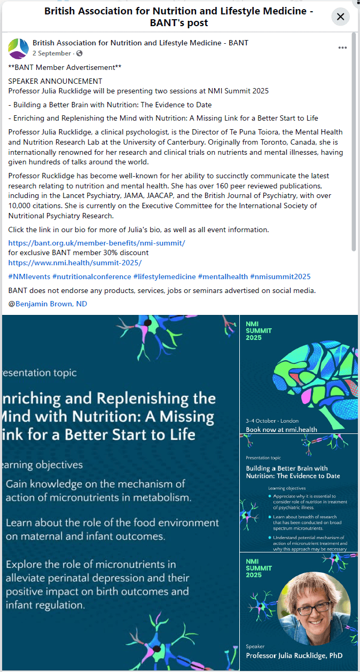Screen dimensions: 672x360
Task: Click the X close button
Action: tap(340, 17)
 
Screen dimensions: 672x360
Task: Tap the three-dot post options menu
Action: tap(342, 48)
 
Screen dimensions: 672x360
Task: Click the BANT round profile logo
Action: tap(18, 48)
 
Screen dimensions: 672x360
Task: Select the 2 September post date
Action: tap(51, 53)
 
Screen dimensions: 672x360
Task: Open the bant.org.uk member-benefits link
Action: tap(97, 243)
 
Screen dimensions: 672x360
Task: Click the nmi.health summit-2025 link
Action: tap(75, 263)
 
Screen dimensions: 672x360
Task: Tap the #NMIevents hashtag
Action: tap(29, 276)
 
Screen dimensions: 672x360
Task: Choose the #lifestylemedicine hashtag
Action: tap(164, 276)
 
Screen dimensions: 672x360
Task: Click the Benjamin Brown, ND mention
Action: tap(51, 304)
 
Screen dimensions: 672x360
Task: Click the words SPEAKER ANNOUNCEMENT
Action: tap(55, 81)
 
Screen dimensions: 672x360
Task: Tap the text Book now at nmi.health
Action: tap(281, 429)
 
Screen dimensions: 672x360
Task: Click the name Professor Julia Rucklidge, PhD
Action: tap(294, 655)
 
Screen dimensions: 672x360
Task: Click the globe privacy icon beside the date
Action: tap(80, 53)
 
